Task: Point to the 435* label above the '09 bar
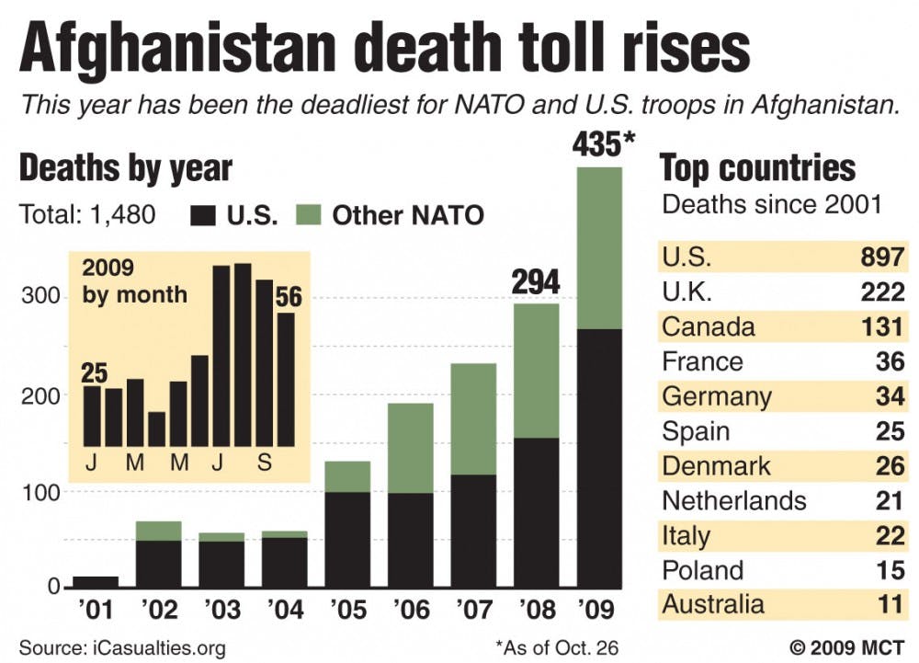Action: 605,145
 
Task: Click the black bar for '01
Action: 96,582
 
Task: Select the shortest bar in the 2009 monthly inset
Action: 157,429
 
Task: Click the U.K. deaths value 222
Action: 883,292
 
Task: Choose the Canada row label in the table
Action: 709,326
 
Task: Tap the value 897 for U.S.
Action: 883,258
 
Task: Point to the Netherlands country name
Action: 734,500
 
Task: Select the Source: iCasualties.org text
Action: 121,647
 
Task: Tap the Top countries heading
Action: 758,168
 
